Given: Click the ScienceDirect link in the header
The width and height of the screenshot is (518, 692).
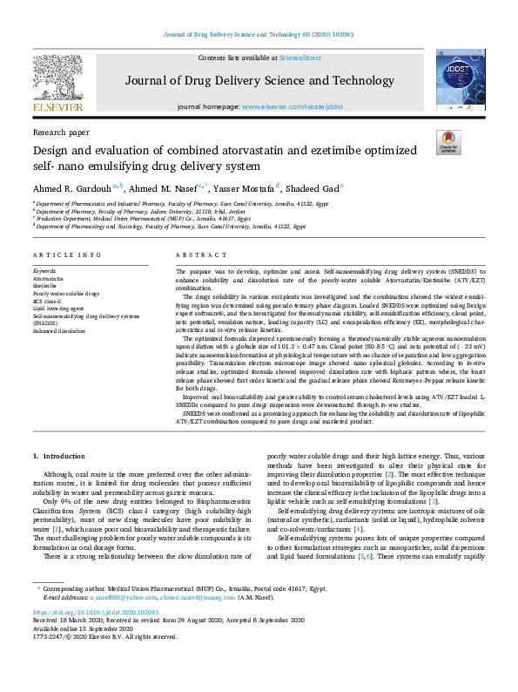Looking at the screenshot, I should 299,57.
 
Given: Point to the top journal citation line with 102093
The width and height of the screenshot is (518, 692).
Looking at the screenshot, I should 259,35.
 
